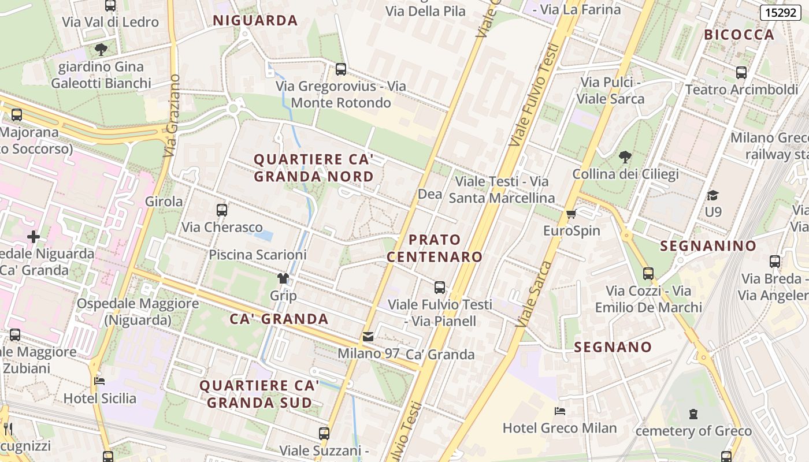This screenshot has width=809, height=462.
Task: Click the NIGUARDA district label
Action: coord(255,21)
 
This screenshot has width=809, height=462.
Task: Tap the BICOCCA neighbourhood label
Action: coord(739,35)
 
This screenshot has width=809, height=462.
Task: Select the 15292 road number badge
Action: coord(780,13)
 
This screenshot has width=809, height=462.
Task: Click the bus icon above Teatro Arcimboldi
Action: coord(741,73)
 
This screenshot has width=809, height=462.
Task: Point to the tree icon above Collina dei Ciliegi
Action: coord(625,157)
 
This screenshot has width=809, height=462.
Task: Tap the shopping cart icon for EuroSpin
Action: coord(572,214)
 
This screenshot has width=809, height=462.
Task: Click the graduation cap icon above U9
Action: coord(713,195)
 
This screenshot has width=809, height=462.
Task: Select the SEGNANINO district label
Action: coord(708,246)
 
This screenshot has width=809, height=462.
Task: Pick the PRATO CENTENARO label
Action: coord(435,248)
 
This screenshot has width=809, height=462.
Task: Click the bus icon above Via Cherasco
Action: coord(222,210)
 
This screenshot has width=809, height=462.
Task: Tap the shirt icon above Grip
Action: coord(283,278)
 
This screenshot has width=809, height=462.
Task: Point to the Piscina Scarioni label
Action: coord(258,255)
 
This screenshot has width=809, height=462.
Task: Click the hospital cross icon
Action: coord(34,236)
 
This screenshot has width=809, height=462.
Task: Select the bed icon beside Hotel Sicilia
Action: coord(99,381)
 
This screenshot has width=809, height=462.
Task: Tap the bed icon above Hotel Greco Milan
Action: coord(559,411)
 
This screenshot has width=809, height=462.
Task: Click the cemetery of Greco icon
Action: coord(693,414)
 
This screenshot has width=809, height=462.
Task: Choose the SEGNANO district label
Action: coord(613,348)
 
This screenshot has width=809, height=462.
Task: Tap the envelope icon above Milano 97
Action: coord(368,337)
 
